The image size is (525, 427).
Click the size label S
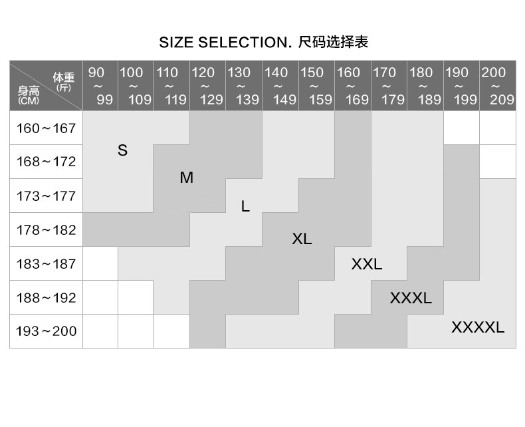122,150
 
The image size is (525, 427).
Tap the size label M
187,178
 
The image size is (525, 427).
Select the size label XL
302,239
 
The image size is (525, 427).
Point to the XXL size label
367,264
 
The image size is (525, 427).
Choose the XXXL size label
411,298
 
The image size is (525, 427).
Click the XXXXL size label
478,327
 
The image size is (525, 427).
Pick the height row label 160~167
47,128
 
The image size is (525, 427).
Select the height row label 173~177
47,196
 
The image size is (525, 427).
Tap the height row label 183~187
47,264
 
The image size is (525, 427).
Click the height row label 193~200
47,331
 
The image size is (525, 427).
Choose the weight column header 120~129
207,86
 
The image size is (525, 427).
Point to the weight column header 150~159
316,86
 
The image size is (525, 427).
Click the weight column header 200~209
498,86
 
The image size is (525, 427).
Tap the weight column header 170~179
389,86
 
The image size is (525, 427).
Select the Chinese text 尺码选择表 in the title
333,42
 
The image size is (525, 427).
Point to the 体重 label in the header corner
64,78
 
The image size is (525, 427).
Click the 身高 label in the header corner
29,91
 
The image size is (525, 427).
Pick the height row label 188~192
47,297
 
